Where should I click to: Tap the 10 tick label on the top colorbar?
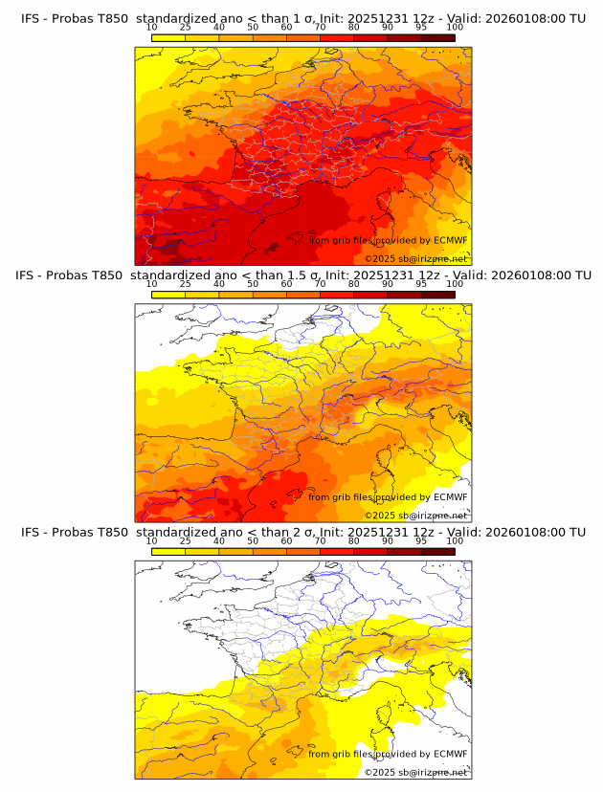coord(152,28)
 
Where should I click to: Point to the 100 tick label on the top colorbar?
coord(455,28)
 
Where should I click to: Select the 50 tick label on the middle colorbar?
coord(253,284)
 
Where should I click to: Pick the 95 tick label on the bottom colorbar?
coord(421,541)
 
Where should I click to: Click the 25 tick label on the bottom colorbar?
coord(186,541)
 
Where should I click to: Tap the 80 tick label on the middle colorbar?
coord(354,284)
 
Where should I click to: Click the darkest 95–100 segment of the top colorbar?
coord(438,37)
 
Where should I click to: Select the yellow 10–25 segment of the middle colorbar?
coord(168,295)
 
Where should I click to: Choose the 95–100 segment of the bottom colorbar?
coord(438,551)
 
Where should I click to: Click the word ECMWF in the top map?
coord(450,240)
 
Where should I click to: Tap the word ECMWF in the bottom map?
coord(450,754)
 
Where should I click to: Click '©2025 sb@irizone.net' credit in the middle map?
coord(415,516)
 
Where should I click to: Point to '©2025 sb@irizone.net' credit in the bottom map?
coord(415,772)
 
